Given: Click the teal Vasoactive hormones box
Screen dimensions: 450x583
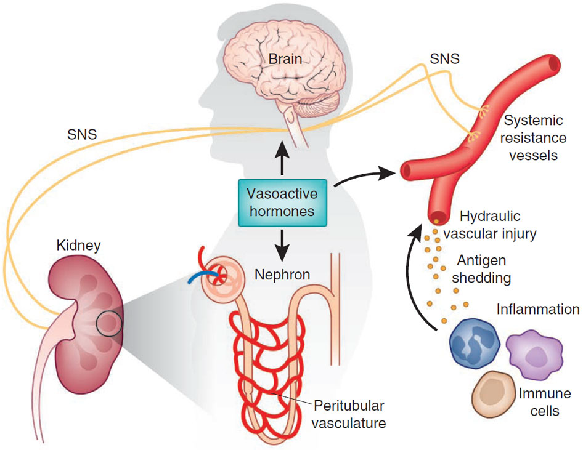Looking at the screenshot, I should click(x=282, y=202).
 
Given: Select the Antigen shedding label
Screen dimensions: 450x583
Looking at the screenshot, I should click(x=481, y=269).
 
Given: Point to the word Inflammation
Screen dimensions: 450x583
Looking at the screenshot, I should click(x=538, y=309).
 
